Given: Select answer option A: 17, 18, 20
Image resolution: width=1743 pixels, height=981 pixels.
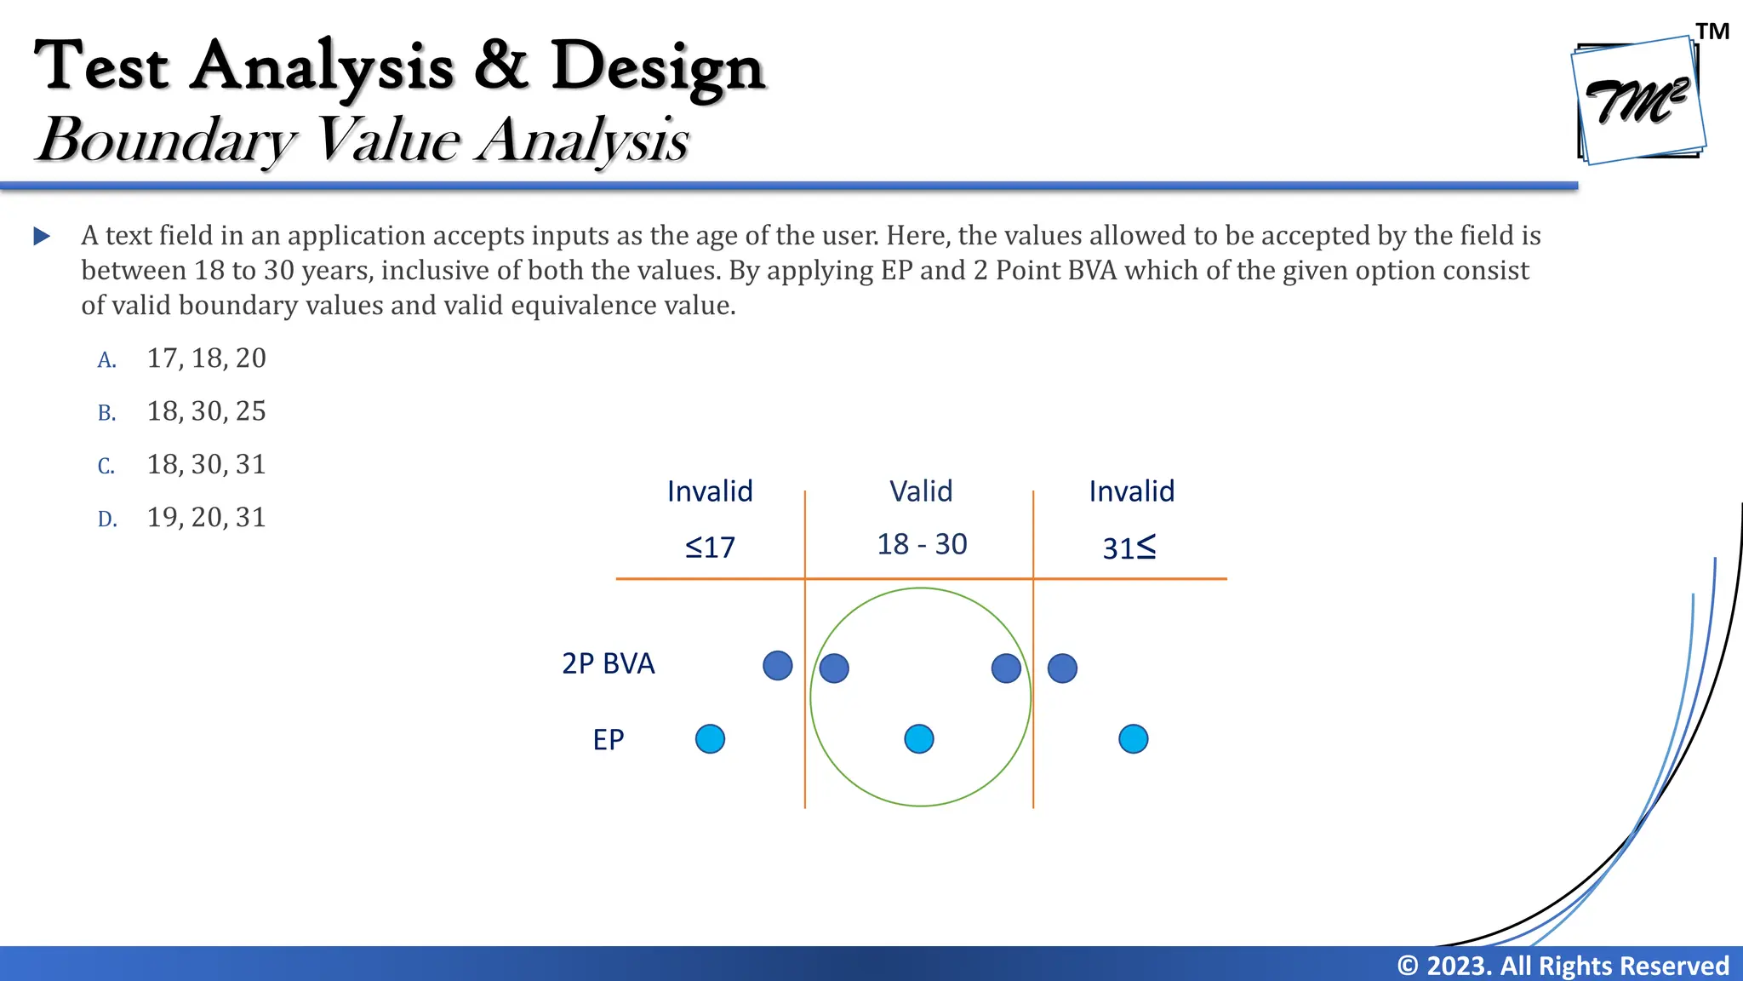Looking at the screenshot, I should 206,359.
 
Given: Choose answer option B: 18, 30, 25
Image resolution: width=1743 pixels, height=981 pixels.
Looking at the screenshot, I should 206,411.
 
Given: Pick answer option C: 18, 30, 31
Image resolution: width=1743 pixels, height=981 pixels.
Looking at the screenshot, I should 206,464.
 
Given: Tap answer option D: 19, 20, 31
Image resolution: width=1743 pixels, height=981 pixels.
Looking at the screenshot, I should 206,517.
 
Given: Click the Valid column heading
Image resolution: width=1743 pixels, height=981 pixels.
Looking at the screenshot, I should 921,491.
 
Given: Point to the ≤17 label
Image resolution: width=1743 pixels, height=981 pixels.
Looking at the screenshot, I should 710,547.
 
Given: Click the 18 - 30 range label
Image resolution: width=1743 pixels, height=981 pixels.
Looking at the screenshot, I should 922,544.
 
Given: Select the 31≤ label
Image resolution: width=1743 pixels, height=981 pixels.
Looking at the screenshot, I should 1129,548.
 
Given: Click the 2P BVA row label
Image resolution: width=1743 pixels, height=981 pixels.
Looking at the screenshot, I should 608,663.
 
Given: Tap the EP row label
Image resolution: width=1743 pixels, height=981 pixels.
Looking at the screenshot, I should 608,739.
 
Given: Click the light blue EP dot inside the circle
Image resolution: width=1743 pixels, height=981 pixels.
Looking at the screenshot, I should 919,738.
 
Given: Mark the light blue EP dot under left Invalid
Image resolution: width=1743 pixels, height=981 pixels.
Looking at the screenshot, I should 710,738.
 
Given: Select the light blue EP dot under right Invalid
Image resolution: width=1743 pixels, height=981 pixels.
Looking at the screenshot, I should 1133,738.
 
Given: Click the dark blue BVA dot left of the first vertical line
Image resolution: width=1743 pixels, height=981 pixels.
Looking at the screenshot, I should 777,666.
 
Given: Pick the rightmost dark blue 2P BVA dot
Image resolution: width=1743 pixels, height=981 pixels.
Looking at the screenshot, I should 1062,668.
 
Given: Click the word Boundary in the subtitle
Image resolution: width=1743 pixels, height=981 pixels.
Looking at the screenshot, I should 166,140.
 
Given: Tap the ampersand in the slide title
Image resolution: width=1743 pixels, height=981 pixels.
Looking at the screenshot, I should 501,66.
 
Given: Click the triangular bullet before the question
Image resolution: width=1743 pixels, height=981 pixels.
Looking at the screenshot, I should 42,236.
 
